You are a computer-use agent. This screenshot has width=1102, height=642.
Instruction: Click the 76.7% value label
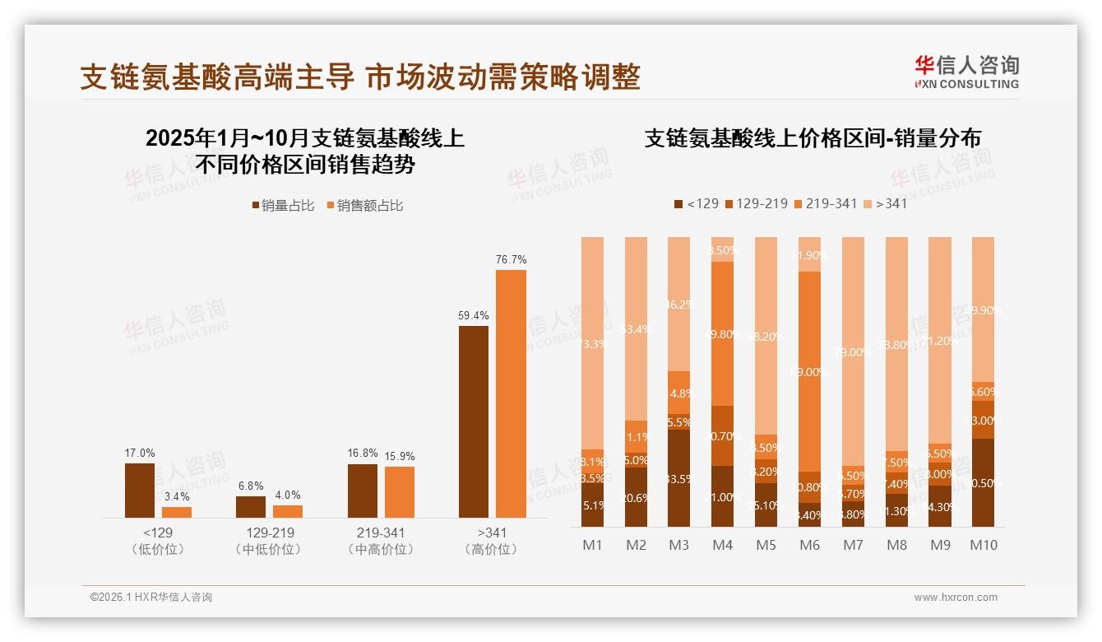pyautogui.click(x=511, y=259)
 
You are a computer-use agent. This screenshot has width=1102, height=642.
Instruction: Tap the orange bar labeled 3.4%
pyautogui.click(x=177, y=512)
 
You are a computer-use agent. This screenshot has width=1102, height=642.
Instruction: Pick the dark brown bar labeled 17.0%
pyautogui.click(x=140, y=490)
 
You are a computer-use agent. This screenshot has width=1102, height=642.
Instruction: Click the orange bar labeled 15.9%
pyautogui.click(x=400, y=491)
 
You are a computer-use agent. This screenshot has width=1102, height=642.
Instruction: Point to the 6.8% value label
pyautogui.click(x=251, y=486)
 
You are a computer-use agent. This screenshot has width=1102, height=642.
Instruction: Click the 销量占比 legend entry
pyautogui.click(x=283, y=206)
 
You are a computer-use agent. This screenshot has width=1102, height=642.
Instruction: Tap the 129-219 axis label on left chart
pyautogui.click(x=270, y=533)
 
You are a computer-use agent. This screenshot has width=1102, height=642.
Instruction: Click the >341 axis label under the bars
pyautogui.click(x=492, y=533)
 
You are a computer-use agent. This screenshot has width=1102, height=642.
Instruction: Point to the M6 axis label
pyautogui.click(x=810, y=545)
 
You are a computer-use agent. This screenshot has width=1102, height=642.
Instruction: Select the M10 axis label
pyautogui.click(x=983, y=545)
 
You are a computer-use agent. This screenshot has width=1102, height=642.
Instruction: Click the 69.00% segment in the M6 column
pyautogui.click(x=810, y=371)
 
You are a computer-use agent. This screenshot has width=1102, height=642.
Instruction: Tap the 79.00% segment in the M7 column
pyautogui.click(x=853, y=351)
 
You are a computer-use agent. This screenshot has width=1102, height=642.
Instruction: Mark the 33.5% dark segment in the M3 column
pyautogui.click(x=679, y=478)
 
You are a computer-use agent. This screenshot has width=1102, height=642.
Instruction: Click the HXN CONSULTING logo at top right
pyautogui.click(x=966, y=72)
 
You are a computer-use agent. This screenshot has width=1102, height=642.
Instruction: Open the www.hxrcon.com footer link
pyautogui.click(x=956, y=598)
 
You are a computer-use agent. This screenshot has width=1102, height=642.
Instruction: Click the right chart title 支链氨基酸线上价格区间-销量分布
pyautogui.click(x=813, y=138)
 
